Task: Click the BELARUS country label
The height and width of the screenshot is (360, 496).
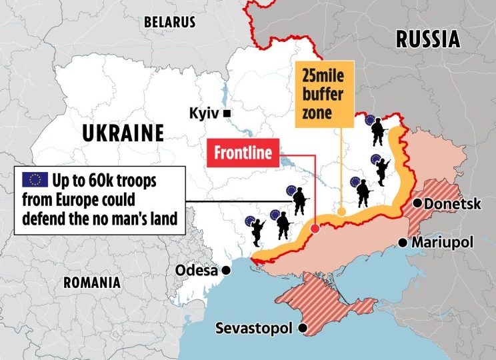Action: click(169, 22)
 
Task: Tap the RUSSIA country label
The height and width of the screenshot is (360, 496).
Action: click(428, 39)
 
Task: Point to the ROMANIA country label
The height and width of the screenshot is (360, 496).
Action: click(92, 282)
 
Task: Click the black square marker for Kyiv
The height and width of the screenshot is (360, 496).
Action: click(227, 113)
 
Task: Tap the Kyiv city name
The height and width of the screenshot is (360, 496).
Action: click(204, 113)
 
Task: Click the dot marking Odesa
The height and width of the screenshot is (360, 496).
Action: click(227, 270)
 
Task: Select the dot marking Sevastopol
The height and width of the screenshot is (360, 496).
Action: click(303, 328)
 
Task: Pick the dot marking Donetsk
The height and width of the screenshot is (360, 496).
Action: click(417, 203)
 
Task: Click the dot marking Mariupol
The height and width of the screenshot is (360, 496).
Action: click(403, 242)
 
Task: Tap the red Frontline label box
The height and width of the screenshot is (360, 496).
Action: click(242, 153)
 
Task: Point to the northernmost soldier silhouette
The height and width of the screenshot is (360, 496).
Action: click(378, 131)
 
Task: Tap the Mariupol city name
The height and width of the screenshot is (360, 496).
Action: click(441, 242)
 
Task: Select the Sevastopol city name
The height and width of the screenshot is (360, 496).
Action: click(256, 329)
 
